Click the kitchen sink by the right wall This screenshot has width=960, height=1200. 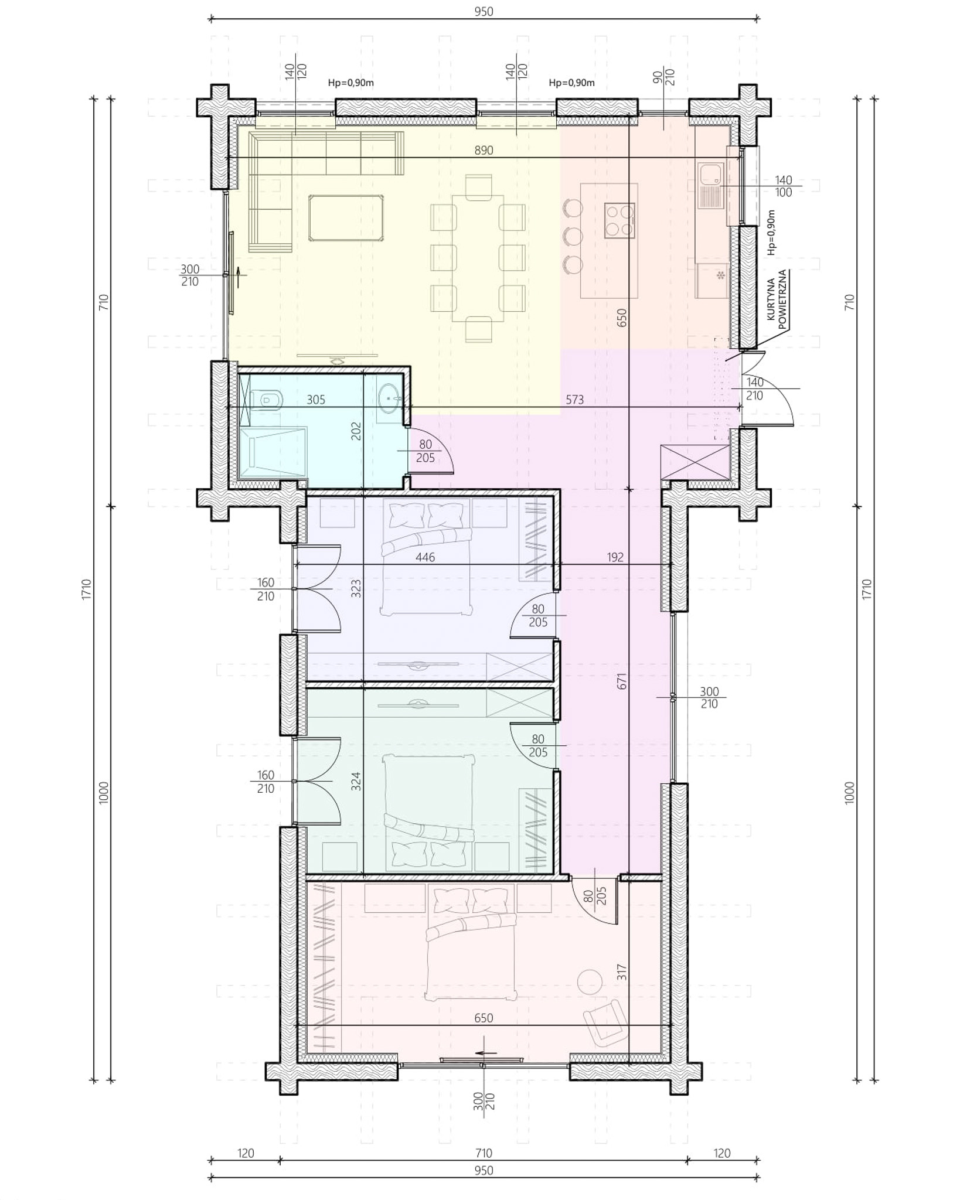point(712,186)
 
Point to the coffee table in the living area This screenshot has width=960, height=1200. point(347,218)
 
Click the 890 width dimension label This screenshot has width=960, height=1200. point(484,151)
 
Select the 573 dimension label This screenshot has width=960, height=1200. point(574,400)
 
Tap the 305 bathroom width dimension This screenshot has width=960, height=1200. point(316,400)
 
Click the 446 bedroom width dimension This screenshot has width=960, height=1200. point(425,557)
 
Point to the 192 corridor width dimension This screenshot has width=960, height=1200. point(615,557)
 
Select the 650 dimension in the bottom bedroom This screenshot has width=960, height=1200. point(484,1018)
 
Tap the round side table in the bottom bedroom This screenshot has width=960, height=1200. point(590,980)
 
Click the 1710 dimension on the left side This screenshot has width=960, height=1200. point(87,589)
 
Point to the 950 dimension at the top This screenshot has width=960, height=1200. point(484,11)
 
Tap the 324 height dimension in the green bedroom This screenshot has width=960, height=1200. point(356,781)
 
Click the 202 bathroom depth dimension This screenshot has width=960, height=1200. point(356,431)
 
